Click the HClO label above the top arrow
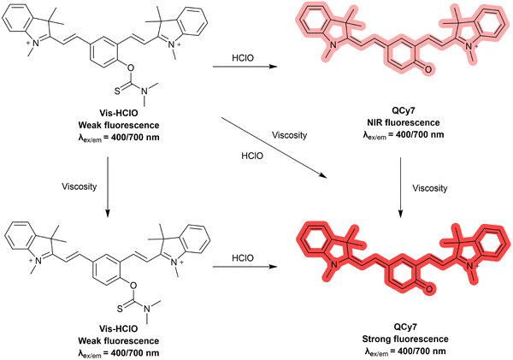[x=243, y=58]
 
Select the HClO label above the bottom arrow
[x=243, y=258]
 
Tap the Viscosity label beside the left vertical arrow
[x=80, y=186]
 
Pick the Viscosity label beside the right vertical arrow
[x=429, y=188]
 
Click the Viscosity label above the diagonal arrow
[x=290, y=135]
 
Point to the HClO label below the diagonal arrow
[x=252, y=156]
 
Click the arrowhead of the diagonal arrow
[x=323, y=176]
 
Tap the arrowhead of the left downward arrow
[x=108, y=213]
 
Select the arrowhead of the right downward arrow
[x=400, y=213]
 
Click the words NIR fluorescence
[x=404, y=123]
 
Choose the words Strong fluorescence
[x=405, y=339]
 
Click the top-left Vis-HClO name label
[x=119, y=113]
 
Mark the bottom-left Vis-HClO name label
[x=119, y=328]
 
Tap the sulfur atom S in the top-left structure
[x=117, y=91]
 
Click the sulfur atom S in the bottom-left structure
[x=120, y=308]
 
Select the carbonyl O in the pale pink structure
[x=429, y=70]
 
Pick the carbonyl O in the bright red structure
[x=429, y=289]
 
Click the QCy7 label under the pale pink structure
[x=404, y=110]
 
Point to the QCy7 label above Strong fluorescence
[x=405, y=327]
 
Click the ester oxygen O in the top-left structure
[x=130, y=68]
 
